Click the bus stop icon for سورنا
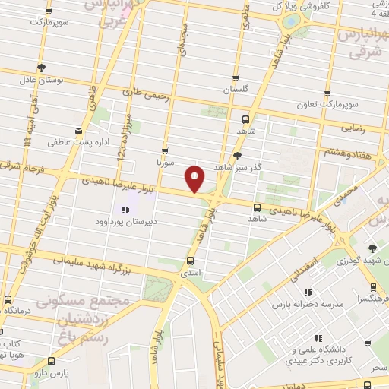[165, 150]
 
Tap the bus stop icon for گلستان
[236, 77]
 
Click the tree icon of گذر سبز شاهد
[239, 155]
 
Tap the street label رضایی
[354, 129]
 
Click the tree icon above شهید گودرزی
[372, 248]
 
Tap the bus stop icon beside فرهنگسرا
[373, 287]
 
